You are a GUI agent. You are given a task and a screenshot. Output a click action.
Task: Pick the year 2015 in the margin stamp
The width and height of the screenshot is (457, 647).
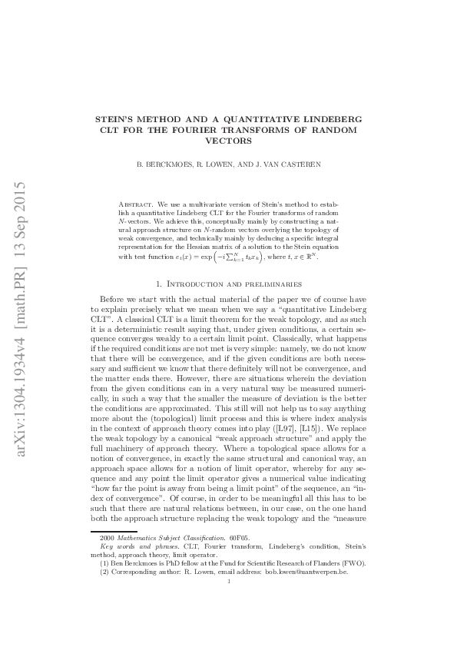(x=20, y=199)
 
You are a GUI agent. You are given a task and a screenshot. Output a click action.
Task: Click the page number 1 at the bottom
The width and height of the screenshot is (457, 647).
(x=229, y=582)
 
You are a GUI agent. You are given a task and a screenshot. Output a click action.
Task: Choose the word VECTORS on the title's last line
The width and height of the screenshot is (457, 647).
(x=228, y=141)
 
